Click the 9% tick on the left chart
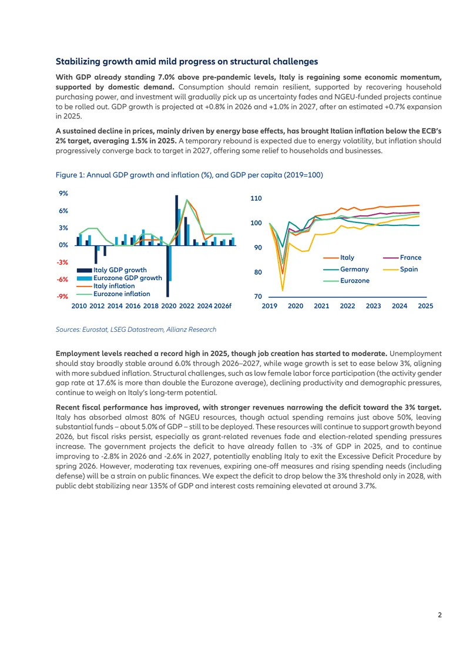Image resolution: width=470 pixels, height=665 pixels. [63, 194]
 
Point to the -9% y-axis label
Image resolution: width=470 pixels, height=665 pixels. [62, 297]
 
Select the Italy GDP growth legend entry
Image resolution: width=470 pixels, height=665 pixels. [112, 270]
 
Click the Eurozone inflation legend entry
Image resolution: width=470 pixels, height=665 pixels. [113, 294]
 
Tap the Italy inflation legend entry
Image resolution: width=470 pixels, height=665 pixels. [106, 286]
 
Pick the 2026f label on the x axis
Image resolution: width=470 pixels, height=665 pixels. [223, 306]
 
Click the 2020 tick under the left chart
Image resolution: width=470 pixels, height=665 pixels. [169, 306]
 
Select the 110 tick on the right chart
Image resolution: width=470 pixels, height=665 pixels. [256, 198]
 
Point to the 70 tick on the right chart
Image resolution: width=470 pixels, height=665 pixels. [258, 297]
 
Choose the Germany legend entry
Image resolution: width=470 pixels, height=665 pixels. [346, 270]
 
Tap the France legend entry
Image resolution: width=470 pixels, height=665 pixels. [402, 257]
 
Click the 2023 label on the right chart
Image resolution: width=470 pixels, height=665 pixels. [374, 306]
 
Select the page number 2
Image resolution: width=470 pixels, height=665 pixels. [439, 615]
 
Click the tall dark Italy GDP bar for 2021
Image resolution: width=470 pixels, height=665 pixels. [177, 220]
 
